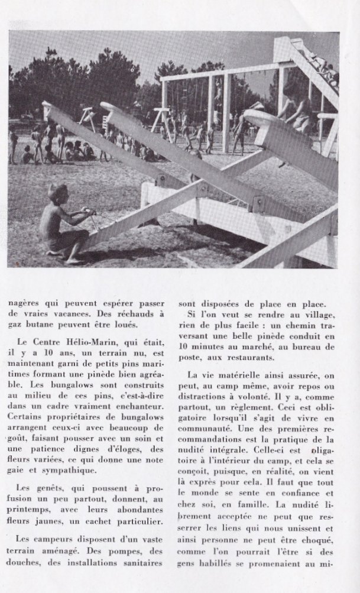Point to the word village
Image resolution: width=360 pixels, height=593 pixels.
tap(320, 316)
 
